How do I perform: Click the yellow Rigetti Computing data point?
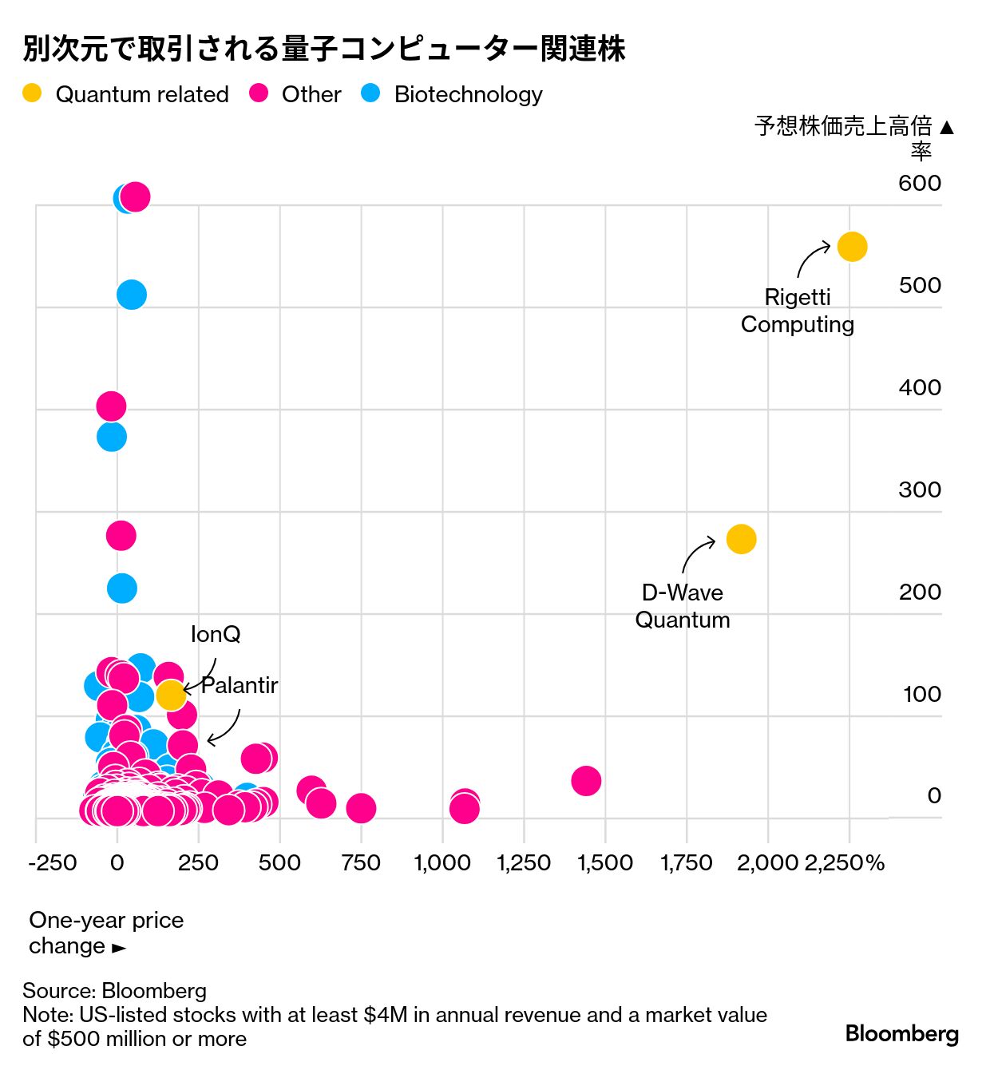click(852, 247)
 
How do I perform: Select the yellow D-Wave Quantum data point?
click(741, 539)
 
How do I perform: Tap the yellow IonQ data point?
click(171, 695)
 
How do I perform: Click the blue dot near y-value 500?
click(132, 295)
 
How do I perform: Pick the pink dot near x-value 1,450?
click(586, 780)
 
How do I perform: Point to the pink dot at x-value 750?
click(361, 808)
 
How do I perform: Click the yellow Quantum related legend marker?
click(32, 93)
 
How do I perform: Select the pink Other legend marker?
click(259, 93)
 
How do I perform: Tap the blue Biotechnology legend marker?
click(370, 93)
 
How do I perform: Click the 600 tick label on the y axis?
click(919, 183)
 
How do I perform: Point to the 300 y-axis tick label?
click(919, 489)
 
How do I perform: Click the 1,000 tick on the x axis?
click(442, 863)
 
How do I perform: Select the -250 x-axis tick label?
click(53, 863)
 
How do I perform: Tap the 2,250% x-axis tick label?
click(844, 863)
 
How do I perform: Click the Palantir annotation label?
click(239, 685)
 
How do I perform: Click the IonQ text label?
click(216, 634)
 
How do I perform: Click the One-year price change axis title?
click(105, 933)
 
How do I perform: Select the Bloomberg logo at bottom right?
click(901, 1034)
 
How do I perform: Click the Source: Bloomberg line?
click(114, 991)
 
